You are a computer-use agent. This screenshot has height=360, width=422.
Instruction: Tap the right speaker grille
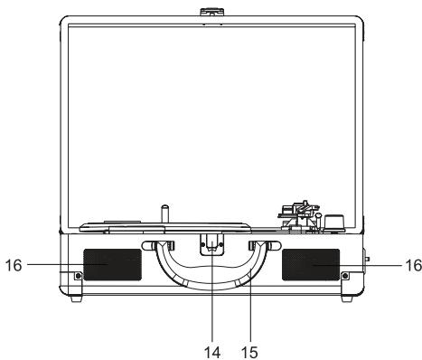click(x=312, y=264)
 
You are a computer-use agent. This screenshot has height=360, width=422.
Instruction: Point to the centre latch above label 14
click(x=211, y=244)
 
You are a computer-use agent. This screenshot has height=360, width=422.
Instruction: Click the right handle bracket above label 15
click(x=261, y=247)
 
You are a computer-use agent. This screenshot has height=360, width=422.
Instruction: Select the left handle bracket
click(x=161, y=247)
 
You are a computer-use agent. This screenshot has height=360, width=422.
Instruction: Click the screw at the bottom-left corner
click(x=79, y=276)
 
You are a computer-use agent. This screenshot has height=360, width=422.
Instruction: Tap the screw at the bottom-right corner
click(x=344, y=276)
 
